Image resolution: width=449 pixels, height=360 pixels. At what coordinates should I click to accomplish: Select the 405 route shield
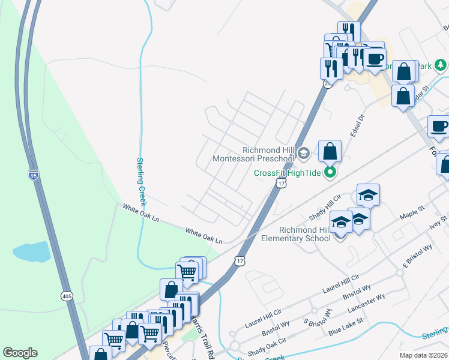click(67, 295)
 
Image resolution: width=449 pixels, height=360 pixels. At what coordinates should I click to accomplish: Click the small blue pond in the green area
click(31, 251)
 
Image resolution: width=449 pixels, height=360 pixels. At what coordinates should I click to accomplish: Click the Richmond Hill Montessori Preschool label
click(255, 154)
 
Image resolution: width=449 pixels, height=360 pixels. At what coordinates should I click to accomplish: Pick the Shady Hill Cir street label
click(325, 206)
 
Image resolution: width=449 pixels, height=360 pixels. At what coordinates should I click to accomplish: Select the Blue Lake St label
click(346, 327)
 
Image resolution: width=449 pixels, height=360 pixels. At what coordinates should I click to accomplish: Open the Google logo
click(20, 353)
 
